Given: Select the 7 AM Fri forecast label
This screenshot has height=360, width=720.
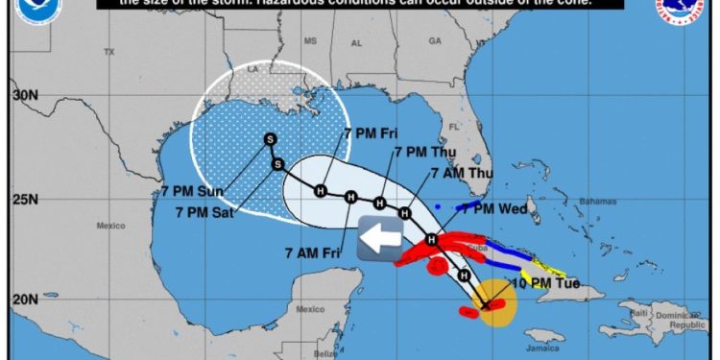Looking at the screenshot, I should (315, 253).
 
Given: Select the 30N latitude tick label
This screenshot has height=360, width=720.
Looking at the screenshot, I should (26, 96).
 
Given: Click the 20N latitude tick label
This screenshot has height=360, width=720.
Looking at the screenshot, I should (26, 300).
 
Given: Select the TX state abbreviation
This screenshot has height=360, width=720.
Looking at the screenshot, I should (108, 51).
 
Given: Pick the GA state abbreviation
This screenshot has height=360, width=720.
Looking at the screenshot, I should (434, 41).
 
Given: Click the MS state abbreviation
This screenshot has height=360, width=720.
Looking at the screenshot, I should (309, 41).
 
